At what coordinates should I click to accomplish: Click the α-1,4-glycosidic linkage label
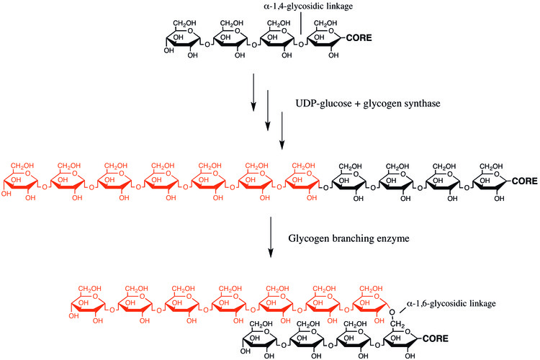point(308,6)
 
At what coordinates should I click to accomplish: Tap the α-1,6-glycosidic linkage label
point(451,304)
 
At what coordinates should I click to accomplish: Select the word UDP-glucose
point(324,104)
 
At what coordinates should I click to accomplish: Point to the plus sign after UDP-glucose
point(357,104)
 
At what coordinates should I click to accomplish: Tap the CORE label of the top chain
point(359,37)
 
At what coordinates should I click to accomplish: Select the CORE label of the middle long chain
point(524,181)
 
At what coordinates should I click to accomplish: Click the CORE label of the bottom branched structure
point(436,338)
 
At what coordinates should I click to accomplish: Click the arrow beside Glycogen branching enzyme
point(271,237)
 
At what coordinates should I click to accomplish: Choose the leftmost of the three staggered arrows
point(253,92)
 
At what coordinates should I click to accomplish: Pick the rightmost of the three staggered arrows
point(282,130)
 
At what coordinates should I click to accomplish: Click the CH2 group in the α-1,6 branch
point(397,324)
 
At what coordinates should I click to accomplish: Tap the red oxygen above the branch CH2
point(392,312)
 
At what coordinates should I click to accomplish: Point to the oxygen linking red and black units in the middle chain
point(325,188)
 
